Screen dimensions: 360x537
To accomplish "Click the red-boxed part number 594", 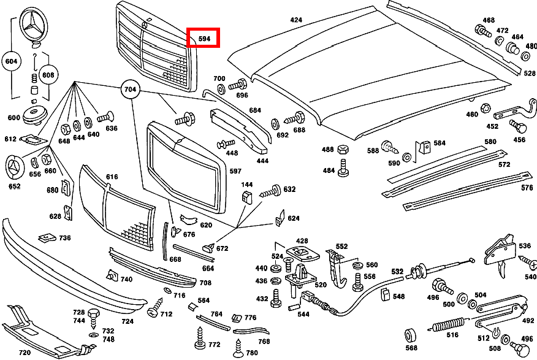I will [x=204, y=39].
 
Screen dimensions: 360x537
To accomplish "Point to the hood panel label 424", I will [x=296, y=20].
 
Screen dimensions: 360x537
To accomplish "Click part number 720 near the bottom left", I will [x=25, y=353].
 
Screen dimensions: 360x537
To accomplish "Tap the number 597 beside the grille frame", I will [x=235, y=171].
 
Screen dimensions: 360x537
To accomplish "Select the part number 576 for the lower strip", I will [x=527, y=188].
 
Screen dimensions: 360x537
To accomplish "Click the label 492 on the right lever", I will [x=528, y=320].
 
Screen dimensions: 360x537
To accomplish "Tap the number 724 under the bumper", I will [x=128, y=321].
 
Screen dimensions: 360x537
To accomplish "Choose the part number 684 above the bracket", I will [x=255, y=110].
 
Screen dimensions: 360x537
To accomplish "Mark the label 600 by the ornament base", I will [x=13, y=118].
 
